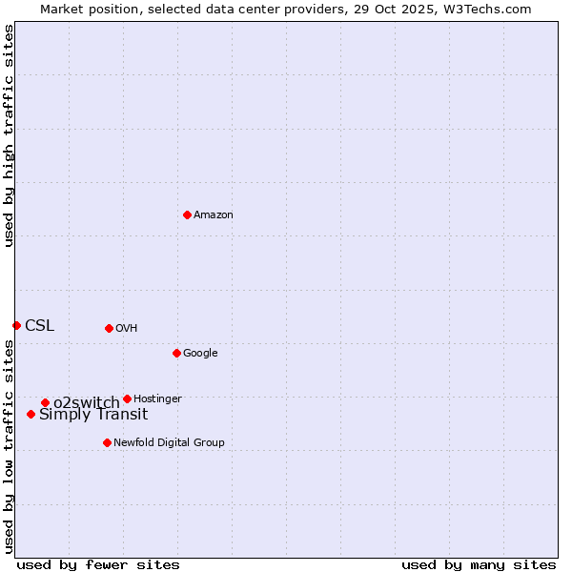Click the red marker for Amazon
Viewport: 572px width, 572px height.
[187, 214]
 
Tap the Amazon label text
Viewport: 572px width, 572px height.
[214, 215]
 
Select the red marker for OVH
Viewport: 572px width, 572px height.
[109, 328]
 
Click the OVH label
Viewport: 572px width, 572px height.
[127, 329]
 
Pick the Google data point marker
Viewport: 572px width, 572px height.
[176, 353]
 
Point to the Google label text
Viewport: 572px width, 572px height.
[200, 354]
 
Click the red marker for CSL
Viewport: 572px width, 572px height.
[16, 325]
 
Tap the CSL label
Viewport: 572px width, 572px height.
[40, 326]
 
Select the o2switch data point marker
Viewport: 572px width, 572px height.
[45, 402]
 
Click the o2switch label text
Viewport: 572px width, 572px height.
[87, 403]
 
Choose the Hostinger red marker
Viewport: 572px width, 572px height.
[127, 398]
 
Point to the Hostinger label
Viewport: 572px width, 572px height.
[157, 399]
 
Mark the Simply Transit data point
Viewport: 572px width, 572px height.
[31, 414]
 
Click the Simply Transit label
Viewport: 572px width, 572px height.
[93, 415]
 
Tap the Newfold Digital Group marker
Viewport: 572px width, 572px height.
[107, 442]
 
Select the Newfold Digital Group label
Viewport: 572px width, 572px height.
[169, 443]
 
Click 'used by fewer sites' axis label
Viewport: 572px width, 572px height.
[98, 564]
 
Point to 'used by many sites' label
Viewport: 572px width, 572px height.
[479, 564]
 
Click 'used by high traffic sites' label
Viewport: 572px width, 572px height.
[9, 135]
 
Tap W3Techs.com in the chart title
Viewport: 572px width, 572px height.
[484, 9]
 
